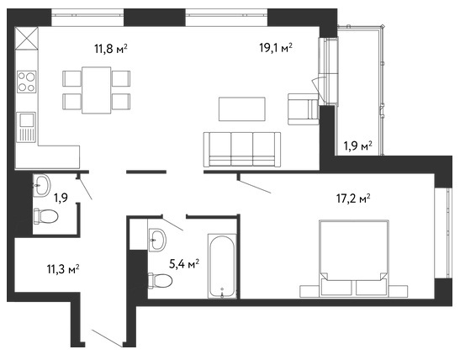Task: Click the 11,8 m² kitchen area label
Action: tap(111, 49)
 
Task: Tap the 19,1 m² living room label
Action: tap(276, 47)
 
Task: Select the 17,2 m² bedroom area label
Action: tap(353, 199)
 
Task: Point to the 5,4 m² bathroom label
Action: tap(184, 264)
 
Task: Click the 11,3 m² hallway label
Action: tap(63, 269)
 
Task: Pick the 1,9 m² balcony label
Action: tap(358, 146)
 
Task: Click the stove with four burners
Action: tap(26, 82)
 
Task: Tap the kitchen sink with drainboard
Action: tap(26, 127)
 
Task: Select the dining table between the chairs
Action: tap(96, 90)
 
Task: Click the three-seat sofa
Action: tap(242, 150)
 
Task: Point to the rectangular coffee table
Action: tap(242, 109)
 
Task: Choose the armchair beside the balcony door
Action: tap(304, 109)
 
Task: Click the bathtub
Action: tap(222, 266)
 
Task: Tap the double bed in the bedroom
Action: tap(354, 258)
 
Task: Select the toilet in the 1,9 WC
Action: tap(45, 216)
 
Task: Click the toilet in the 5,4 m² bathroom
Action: tap(160, 281)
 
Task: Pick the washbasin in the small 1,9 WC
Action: tap(42, 185)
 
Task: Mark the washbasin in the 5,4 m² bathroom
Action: tap(157, 240)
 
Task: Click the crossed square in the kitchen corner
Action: tap(26, 39)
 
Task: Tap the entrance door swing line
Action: tap(107, 338)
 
